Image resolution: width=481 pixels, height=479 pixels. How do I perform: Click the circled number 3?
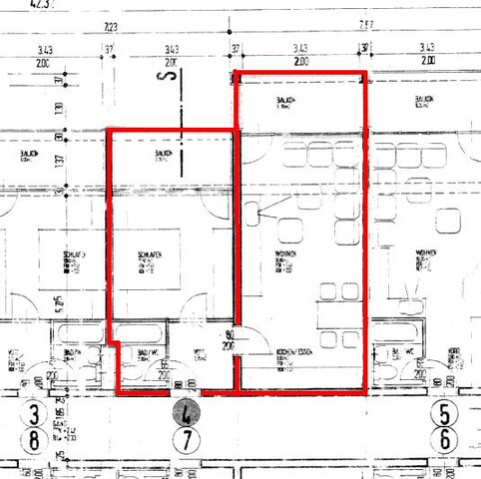37,414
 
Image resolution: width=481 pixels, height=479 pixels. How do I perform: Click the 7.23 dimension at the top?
111,26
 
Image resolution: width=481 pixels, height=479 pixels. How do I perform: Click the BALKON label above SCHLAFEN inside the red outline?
151,154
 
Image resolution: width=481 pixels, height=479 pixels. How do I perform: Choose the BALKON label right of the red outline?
424,100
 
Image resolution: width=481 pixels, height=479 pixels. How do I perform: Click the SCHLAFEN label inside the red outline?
151,256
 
